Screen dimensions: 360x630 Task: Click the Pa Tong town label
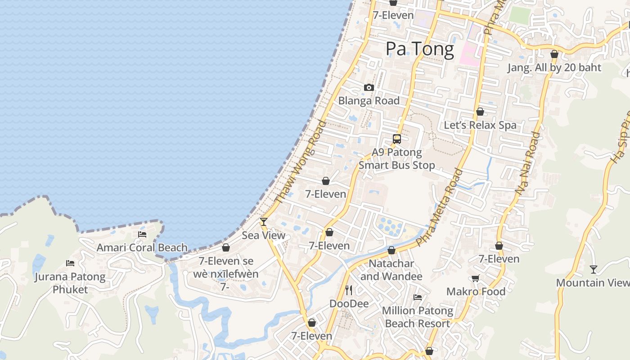[x=419, y=49]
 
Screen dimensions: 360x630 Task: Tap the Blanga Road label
[x=369, y=100]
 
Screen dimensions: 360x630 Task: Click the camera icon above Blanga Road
[x=369, y=87]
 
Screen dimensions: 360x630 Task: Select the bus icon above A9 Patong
[x=396, y=139]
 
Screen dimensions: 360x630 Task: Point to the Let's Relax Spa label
[x=480, y=125]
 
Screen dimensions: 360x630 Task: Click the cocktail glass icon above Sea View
[x=264, y=221]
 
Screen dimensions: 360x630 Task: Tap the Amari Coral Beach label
[x=142, y=247]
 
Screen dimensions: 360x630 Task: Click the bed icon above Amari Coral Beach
[x=142, y=234]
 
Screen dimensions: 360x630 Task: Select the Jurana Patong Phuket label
[x=70, y=283]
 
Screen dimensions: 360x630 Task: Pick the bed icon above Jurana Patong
[x=70, y=263]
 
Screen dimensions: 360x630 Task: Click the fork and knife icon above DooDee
[x=349, y=290]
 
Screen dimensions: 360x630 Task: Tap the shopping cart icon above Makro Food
[x=476, y=278]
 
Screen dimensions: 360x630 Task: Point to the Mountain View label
[x=593, y=283]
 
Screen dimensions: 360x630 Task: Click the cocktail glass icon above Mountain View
[x=594, y=269]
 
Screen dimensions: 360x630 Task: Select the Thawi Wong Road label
[x=300, y=162]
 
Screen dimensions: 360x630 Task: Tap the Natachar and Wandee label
[x=391, y=270]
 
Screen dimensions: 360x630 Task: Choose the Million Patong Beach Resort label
[x=418, y=317]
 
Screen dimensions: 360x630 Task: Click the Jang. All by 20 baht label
[x=554, y=67]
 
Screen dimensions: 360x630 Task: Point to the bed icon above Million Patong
[x=418, y=297]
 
